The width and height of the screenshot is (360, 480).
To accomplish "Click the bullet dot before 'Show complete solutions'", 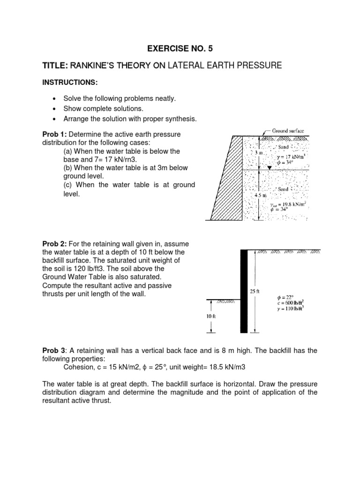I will point(56,109).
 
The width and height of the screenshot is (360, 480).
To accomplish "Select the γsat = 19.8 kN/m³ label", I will point(291,204).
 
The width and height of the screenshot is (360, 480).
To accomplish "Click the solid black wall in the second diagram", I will point(244,291).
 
